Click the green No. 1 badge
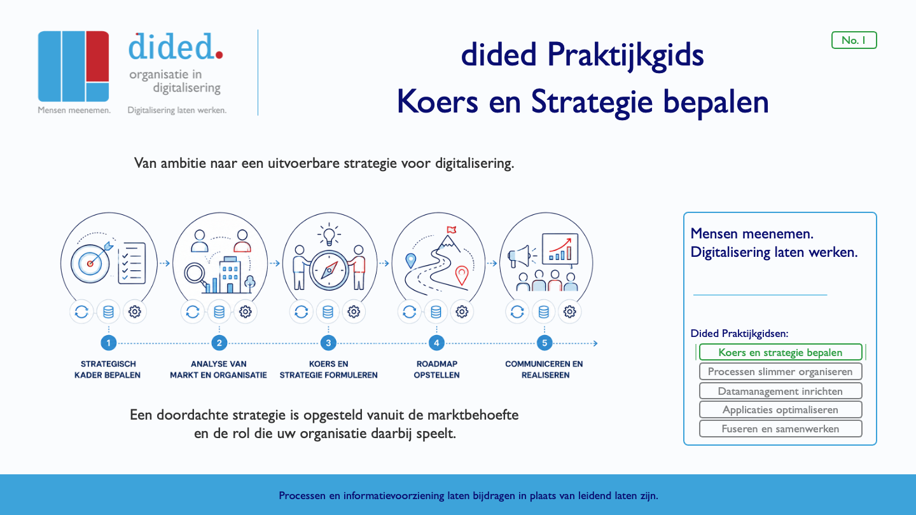(x=854, y=40)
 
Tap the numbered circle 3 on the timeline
(x=328, y=343)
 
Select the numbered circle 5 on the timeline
(x=545, y=343)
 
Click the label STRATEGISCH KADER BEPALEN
(x=108, y=369)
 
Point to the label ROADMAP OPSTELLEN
(x=436, y=369)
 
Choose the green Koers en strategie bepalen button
(x=781, y=352)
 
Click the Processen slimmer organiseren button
(x=781, y=371)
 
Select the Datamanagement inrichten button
(x=781, y=391)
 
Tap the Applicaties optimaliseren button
(x=781, y=409)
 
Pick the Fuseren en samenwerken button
(x=781, y=429)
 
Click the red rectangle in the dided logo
(x=98, y=57)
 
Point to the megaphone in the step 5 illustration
(x=518, y=257)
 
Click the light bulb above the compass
(x=329, y=236)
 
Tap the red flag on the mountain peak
(x=451, y=230)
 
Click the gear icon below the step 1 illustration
(x=135, y=312)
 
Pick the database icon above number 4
(x=436, y=312)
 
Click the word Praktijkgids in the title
(x=626, y=55)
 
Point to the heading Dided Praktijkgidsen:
(x=739, y=334)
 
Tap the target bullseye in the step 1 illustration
(x=90, y=264)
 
